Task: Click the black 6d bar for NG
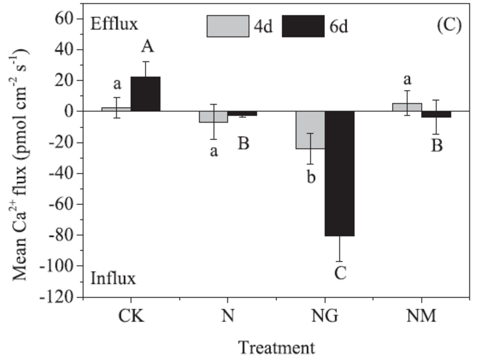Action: point(340,174)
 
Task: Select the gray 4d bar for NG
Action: point(310,130)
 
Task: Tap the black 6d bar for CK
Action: point(146,94)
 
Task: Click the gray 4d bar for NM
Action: point(407,108)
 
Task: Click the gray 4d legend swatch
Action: point(228,26)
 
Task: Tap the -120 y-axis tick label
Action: point(57,297)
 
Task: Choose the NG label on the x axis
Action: point(325,316)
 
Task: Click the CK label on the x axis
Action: point(131,316)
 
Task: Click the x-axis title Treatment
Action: point(276,347)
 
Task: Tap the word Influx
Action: point(113,279)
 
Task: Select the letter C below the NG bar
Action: point(340,274)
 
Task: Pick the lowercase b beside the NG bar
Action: point(311,178)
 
